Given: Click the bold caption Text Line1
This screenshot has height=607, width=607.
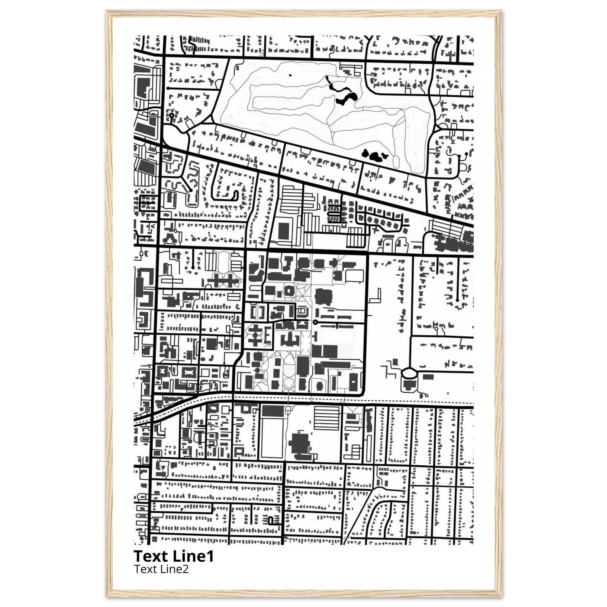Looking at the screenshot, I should (x=174, y=556).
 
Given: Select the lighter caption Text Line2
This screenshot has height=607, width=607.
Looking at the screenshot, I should (x=162, y=569).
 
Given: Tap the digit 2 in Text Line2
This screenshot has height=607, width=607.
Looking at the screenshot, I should (x=186, y=569).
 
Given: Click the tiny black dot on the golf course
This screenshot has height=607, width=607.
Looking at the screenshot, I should (x=290, y=75).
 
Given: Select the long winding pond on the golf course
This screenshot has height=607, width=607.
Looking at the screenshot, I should (x=341, y=93).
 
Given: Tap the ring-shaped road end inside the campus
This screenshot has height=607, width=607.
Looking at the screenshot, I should (x=315, y=322).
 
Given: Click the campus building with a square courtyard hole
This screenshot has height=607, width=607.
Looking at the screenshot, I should (x=288, y=291).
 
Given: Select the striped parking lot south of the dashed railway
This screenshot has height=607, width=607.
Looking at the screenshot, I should (x=327, y=418).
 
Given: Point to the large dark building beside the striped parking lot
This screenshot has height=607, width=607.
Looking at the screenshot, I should (x=301, y=443).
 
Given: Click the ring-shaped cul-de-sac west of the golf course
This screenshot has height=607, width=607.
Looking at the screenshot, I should (x=172, y=116).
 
